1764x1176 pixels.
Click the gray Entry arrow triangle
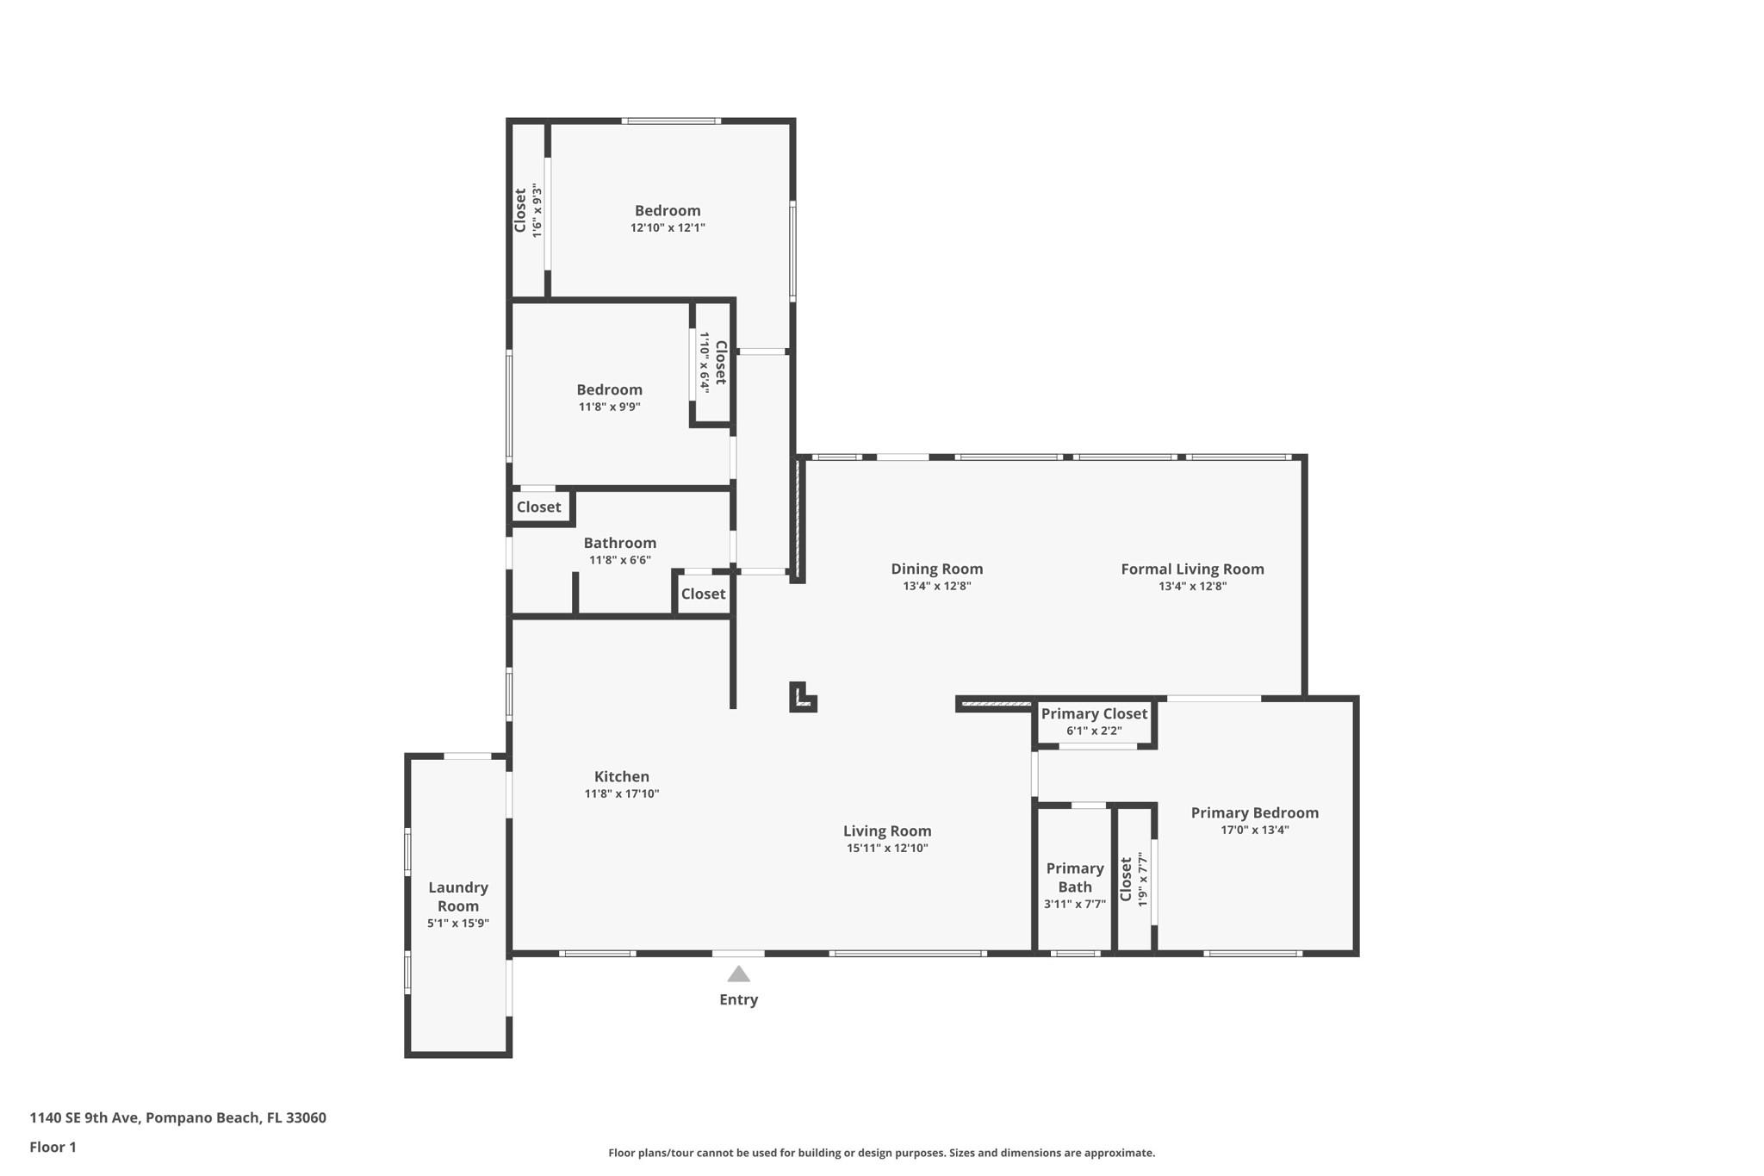coord(738,974)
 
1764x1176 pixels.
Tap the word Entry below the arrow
coord(738,999)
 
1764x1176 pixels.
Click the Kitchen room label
coord(622,776)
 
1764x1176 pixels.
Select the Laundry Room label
coord(458,896)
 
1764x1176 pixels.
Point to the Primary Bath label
coord(1075,877)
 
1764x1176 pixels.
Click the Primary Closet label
coord(1094,713)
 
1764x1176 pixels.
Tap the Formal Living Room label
coord(1192,569)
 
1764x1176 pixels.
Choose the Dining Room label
coord(936,569)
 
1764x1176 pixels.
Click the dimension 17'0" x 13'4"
coord(1254,830)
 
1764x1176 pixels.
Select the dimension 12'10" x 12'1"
coord(668,227)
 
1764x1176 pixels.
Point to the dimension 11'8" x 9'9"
coord(609,407)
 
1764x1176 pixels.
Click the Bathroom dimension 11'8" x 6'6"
coord(619,560)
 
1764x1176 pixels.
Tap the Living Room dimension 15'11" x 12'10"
coord(887,848)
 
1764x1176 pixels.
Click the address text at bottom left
coord(177,1117)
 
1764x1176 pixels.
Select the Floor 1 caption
coord(53,1147)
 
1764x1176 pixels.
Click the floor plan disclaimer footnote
coord(881,1153)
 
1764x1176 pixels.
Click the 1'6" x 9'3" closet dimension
coord(537,210)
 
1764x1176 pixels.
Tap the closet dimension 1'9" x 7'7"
coord(1143,879)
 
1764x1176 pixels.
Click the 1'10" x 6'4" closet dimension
coord(705,363)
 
